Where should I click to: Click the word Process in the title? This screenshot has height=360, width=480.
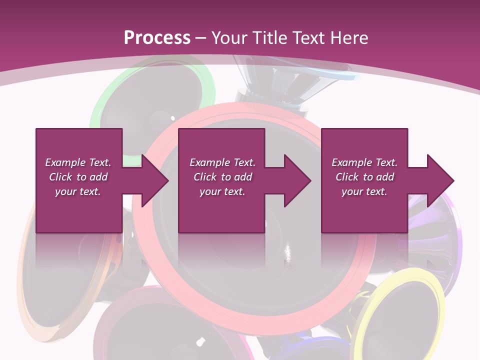157,38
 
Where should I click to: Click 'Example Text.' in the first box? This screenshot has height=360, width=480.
78,162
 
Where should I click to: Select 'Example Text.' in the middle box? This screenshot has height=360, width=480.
222,162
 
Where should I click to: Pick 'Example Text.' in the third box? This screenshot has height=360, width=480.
364,162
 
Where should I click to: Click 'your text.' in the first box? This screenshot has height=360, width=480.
78,191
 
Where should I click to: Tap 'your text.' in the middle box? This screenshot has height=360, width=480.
222,191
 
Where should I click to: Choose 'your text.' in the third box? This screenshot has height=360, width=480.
364,191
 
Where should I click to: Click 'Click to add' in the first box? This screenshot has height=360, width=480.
78,177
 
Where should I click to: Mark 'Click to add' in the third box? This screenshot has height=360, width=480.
364,177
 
